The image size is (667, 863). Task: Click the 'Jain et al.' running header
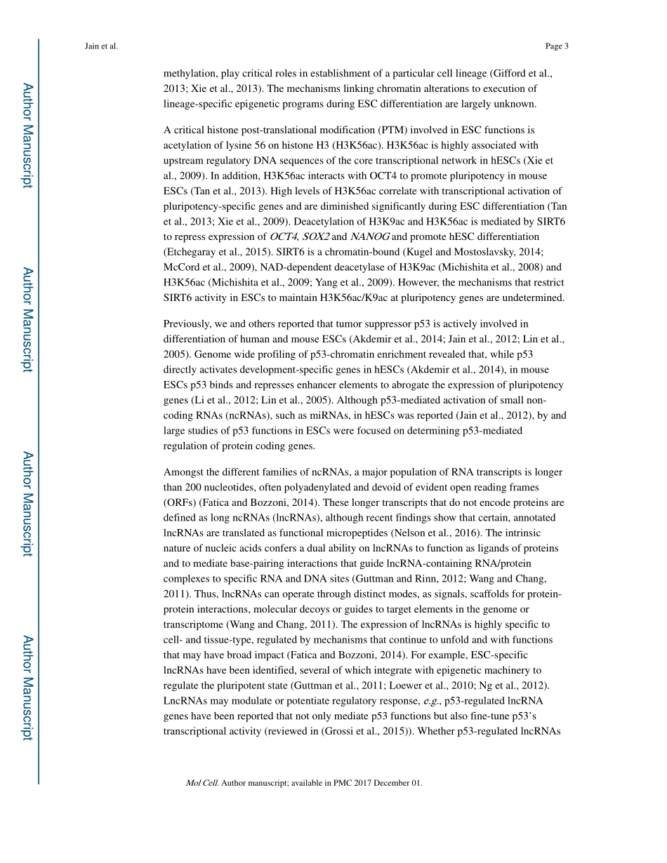point(101,46)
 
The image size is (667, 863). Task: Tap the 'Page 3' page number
point(557,46)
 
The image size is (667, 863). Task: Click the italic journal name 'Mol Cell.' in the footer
point(202,783)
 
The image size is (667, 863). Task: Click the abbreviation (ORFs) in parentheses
point(179,503)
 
